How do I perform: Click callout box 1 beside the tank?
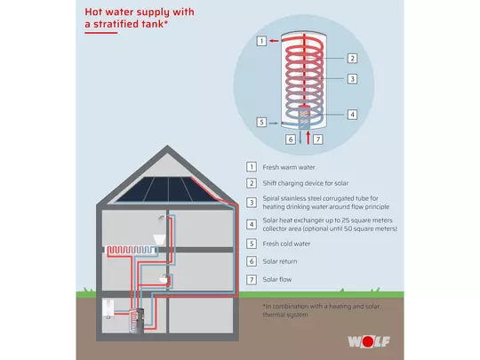[261, 41]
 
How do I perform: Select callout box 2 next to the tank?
[352, 58]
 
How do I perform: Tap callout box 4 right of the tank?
[352, 115]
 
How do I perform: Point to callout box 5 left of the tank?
[261, 123]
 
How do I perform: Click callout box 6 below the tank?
[291, 140]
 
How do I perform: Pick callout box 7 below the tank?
[318, 140]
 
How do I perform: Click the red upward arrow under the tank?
[308, 138]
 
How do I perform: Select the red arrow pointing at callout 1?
[274, 41]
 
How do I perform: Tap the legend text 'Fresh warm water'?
[289, 167]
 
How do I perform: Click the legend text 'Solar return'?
[280, 261]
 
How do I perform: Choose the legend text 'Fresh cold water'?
[286, 244]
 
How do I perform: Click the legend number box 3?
[252, 203]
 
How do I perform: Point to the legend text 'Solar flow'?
[277, 279]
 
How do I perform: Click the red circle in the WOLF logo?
[368, 341]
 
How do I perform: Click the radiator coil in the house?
[131, 250]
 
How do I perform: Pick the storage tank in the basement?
[137, 321]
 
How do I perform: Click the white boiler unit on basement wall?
[108, 308]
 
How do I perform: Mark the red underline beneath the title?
[101, 33]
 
